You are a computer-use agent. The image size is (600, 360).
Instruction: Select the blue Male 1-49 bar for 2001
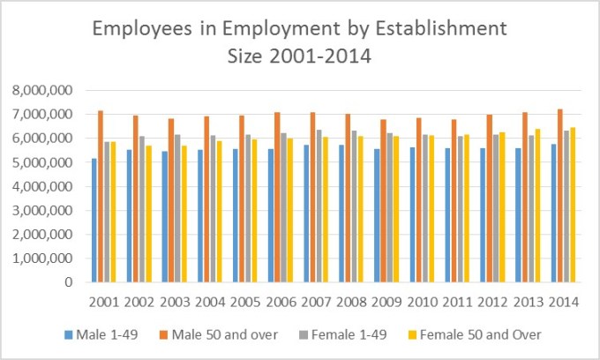[x=93, y=221]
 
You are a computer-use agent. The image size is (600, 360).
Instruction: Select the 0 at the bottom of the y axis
[x=68, y=282]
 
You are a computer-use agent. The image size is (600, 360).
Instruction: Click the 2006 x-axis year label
[x=282, y=302]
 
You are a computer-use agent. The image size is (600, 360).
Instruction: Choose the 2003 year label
[x=176, y=302]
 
